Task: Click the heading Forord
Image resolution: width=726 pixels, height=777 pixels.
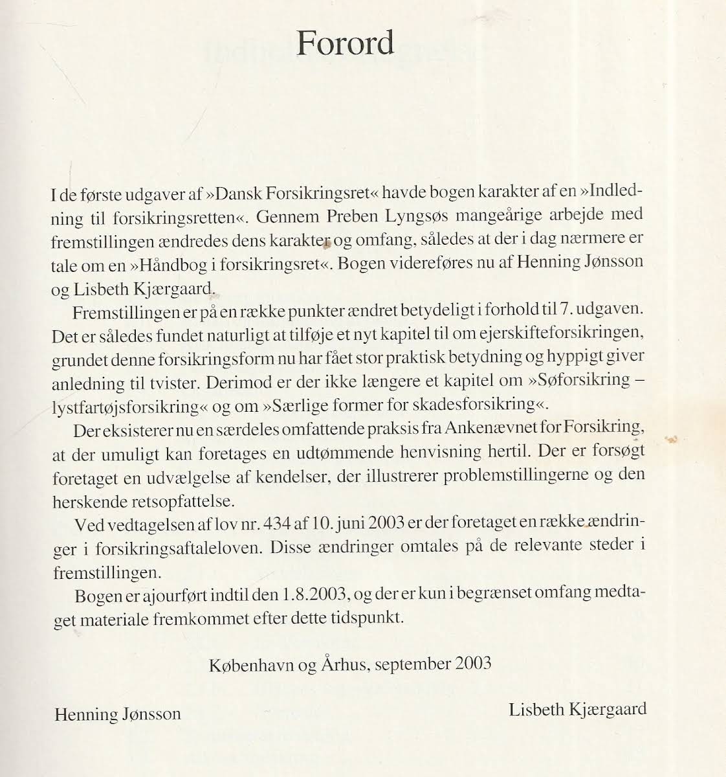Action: (345, 43)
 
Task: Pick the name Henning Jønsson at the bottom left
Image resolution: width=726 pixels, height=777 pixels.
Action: (118, 714)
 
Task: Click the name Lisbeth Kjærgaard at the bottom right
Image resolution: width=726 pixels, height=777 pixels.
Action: (577, 709)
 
